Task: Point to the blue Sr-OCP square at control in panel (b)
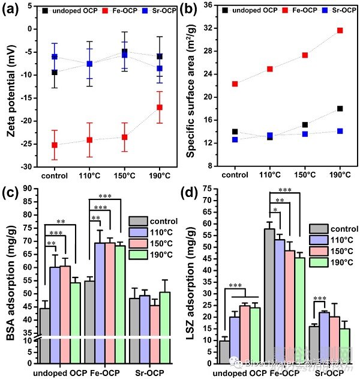click(235, 139)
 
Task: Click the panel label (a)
click(14, 10)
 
